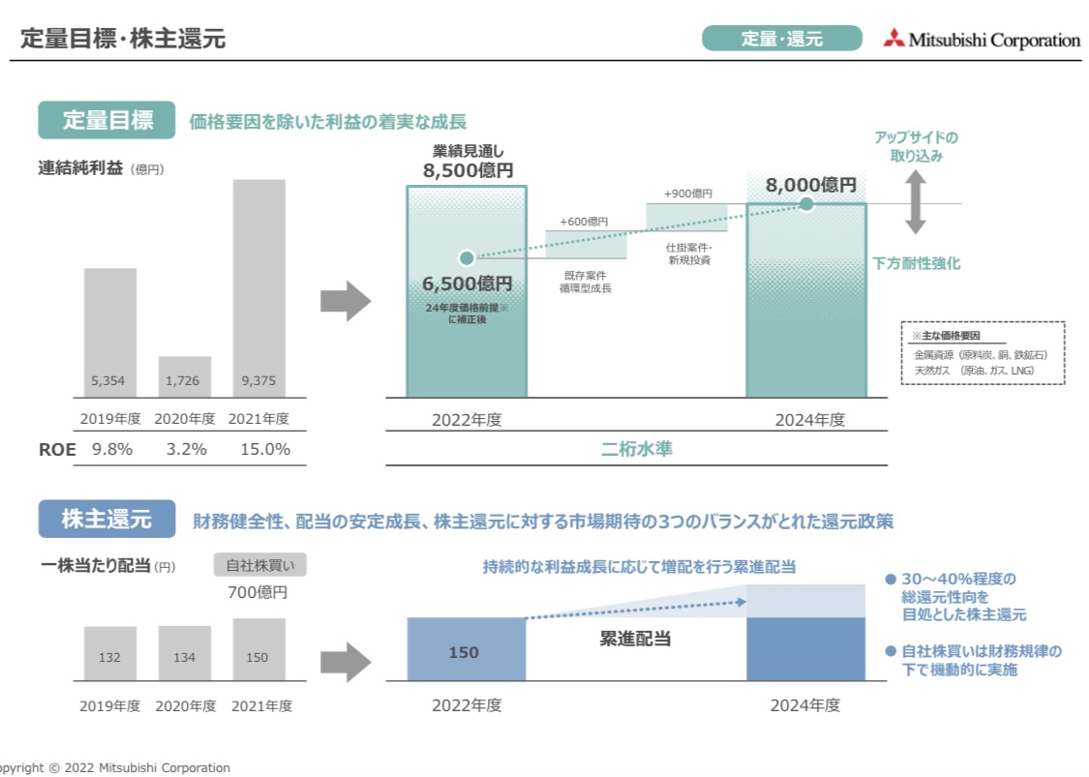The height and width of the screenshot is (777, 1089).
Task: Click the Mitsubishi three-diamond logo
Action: coord(893,39)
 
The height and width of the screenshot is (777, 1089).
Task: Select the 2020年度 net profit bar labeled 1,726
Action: coord(184,376)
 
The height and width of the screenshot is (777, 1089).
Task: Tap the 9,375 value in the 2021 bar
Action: coord(258,381)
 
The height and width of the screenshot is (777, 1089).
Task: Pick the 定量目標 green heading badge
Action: coord(107,121)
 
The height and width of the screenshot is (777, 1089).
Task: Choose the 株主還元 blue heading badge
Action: coord(106,519)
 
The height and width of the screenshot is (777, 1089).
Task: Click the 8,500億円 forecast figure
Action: coord(468,171)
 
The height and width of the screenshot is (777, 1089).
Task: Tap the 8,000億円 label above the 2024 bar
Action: coord(811,185)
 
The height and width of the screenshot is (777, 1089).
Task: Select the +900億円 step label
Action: coord(687,194)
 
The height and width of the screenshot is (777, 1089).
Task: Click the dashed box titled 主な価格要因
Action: coord(982,353)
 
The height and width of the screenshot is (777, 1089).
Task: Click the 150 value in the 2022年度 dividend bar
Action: coord(464,652)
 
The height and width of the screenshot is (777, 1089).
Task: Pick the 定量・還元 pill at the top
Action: coord(781,39)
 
